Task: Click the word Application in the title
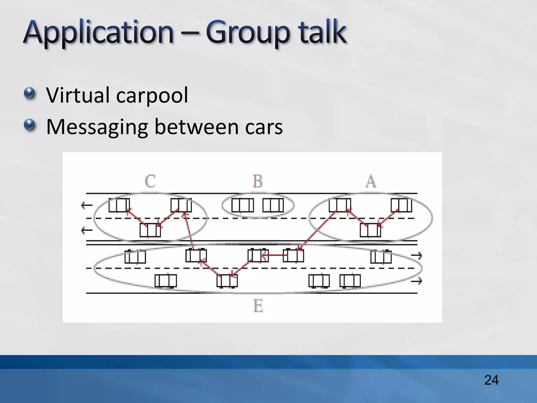point(98,33)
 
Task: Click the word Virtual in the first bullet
point(77,95)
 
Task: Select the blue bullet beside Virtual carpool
point(29,94)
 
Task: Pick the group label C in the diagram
point(150,181)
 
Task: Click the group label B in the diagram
point(257,181)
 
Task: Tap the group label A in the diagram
point(371,181)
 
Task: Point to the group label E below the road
point(258,306)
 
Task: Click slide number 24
point(491,380)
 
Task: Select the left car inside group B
point(243,205)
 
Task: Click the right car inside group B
point(273,205)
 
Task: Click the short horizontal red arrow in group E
point(275,255)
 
